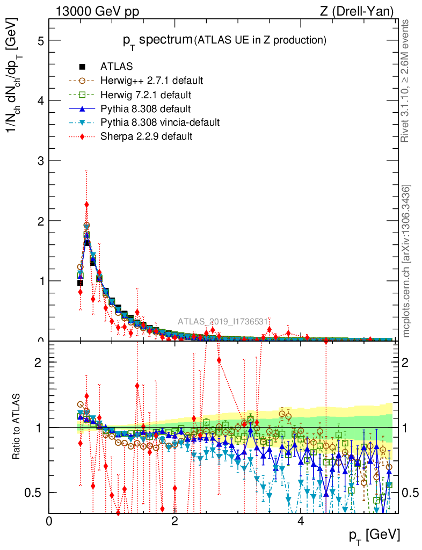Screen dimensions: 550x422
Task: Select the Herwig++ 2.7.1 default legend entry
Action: click(151, 81)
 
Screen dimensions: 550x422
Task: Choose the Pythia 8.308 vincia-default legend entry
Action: click(159, 122)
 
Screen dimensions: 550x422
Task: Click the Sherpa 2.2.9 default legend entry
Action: click(146, 136)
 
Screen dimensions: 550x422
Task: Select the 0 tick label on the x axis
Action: click(49, 522)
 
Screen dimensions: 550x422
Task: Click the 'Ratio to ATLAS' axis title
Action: click(18, 427)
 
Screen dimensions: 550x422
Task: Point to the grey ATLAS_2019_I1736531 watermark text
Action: click(223, 321)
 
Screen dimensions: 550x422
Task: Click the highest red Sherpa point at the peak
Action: click(86, 205)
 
